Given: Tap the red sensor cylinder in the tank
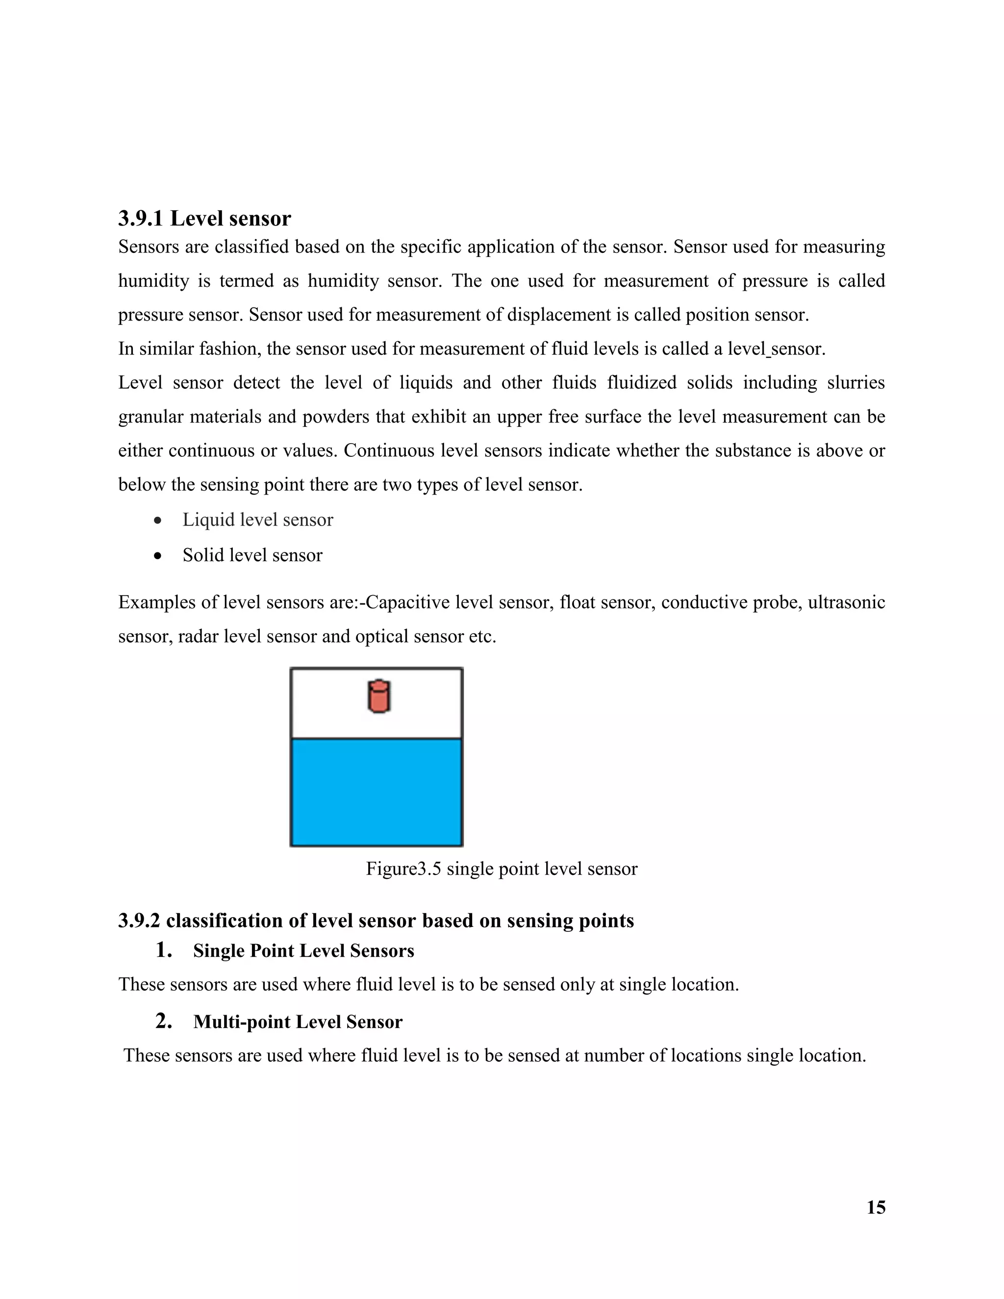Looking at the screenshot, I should (378, 697).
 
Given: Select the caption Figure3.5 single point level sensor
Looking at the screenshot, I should (502, 869).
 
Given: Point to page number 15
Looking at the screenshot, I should (876, 1207).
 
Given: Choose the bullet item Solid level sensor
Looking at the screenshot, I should (252, 555).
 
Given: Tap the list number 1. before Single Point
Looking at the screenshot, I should (164, 950).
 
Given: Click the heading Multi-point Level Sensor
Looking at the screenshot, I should (298, 1022).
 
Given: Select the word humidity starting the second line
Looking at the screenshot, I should (153, 281).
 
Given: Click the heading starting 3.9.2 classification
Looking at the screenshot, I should (376, 921).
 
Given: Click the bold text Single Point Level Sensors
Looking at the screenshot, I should (303, 950).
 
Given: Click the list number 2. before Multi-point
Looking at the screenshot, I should (164, 1021).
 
